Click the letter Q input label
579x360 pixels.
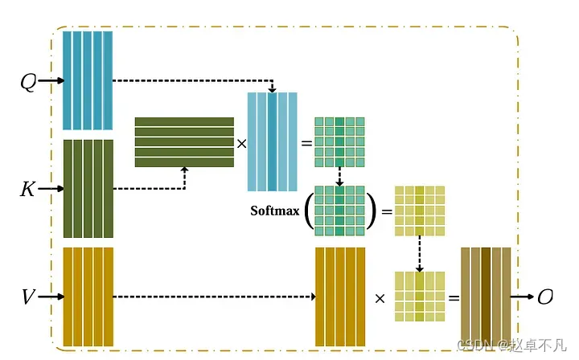point(28,81)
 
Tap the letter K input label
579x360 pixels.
point(27,190)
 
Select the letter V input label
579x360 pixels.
point(28,297)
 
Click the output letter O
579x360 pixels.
point(545,297)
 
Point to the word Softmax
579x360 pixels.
point(275,211)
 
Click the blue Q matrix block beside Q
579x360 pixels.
point(88,80)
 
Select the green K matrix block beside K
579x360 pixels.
point(88,189)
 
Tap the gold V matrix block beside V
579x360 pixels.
point(88,297)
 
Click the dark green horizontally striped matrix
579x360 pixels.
point(184,142)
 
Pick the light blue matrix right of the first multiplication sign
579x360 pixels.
point(273,141)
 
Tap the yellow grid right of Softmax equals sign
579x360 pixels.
point(419,211)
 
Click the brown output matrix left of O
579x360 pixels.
point(486,297)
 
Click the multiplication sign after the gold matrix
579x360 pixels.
point(380,297)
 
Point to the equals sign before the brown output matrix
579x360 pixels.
point(453,297)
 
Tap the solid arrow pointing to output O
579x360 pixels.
point(523,297)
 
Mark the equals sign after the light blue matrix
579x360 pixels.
point(306,142)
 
